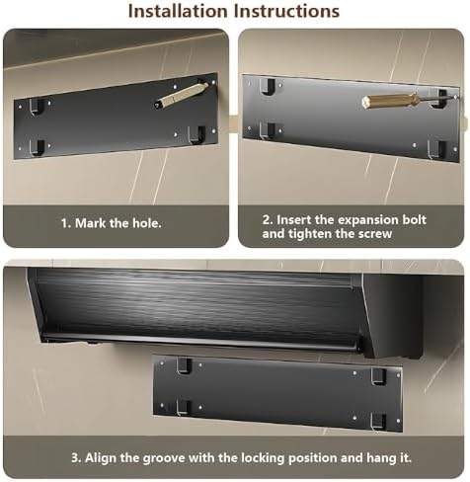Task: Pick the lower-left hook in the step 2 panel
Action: pos(268,128)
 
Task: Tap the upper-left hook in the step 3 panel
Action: pos(184,365)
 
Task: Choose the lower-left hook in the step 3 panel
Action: pos(184,405)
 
